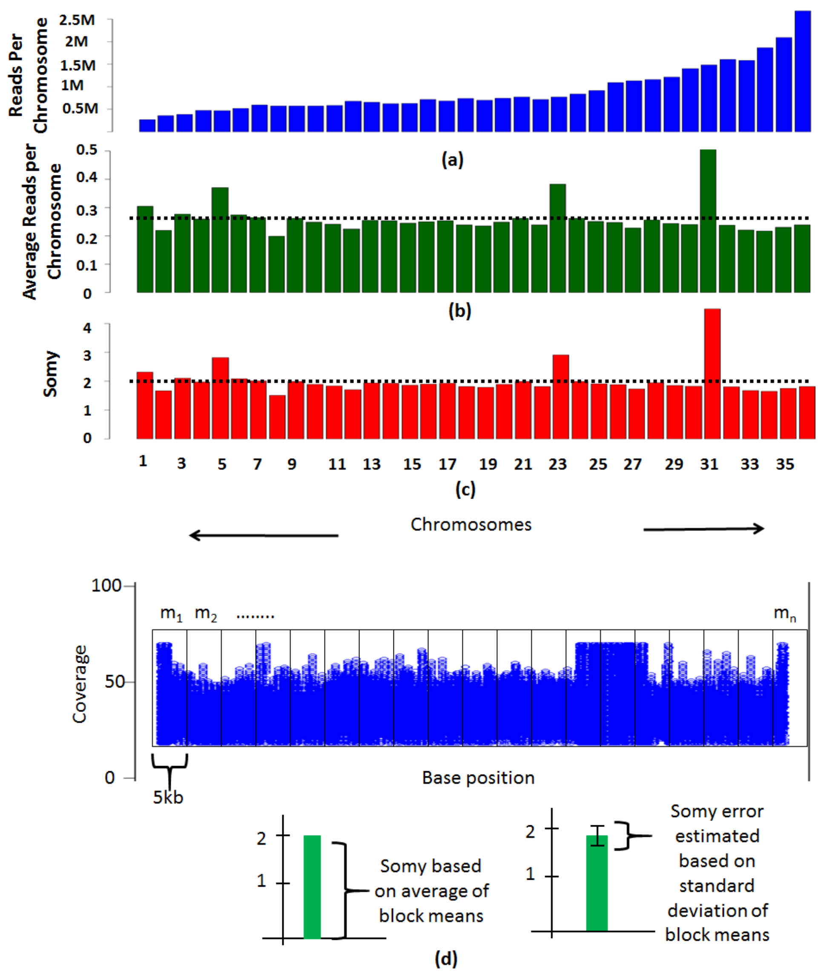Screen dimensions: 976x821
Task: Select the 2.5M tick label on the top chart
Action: tap(77, 20)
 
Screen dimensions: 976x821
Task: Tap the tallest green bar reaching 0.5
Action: tap(708, 221)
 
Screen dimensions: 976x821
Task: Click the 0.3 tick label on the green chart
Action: tap(86, 210)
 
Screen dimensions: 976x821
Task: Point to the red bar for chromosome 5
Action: tap(220, 398)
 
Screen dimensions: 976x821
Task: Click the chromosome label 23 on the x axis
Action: tap(557, 464)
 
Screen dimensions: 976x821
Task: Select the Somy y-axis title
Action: tap(51, 374)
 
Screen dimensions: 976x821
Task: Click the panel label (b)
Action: tap(460, 310)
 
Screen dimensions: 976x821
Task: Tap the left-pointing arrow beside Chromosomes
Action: tap(263, 535)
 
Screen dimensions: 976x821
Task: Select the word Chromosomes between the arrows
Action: tap(471, 525)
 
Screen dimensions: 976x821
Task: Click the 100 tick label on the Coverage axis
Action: tap(106, 585)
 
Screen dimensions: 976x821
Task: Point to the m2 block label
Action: tap(206, 614)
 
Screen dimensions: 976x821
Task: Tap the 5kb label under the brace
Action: tap(168, 797)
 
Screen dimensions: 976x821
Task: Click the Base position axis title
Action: tap(478, 778)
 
